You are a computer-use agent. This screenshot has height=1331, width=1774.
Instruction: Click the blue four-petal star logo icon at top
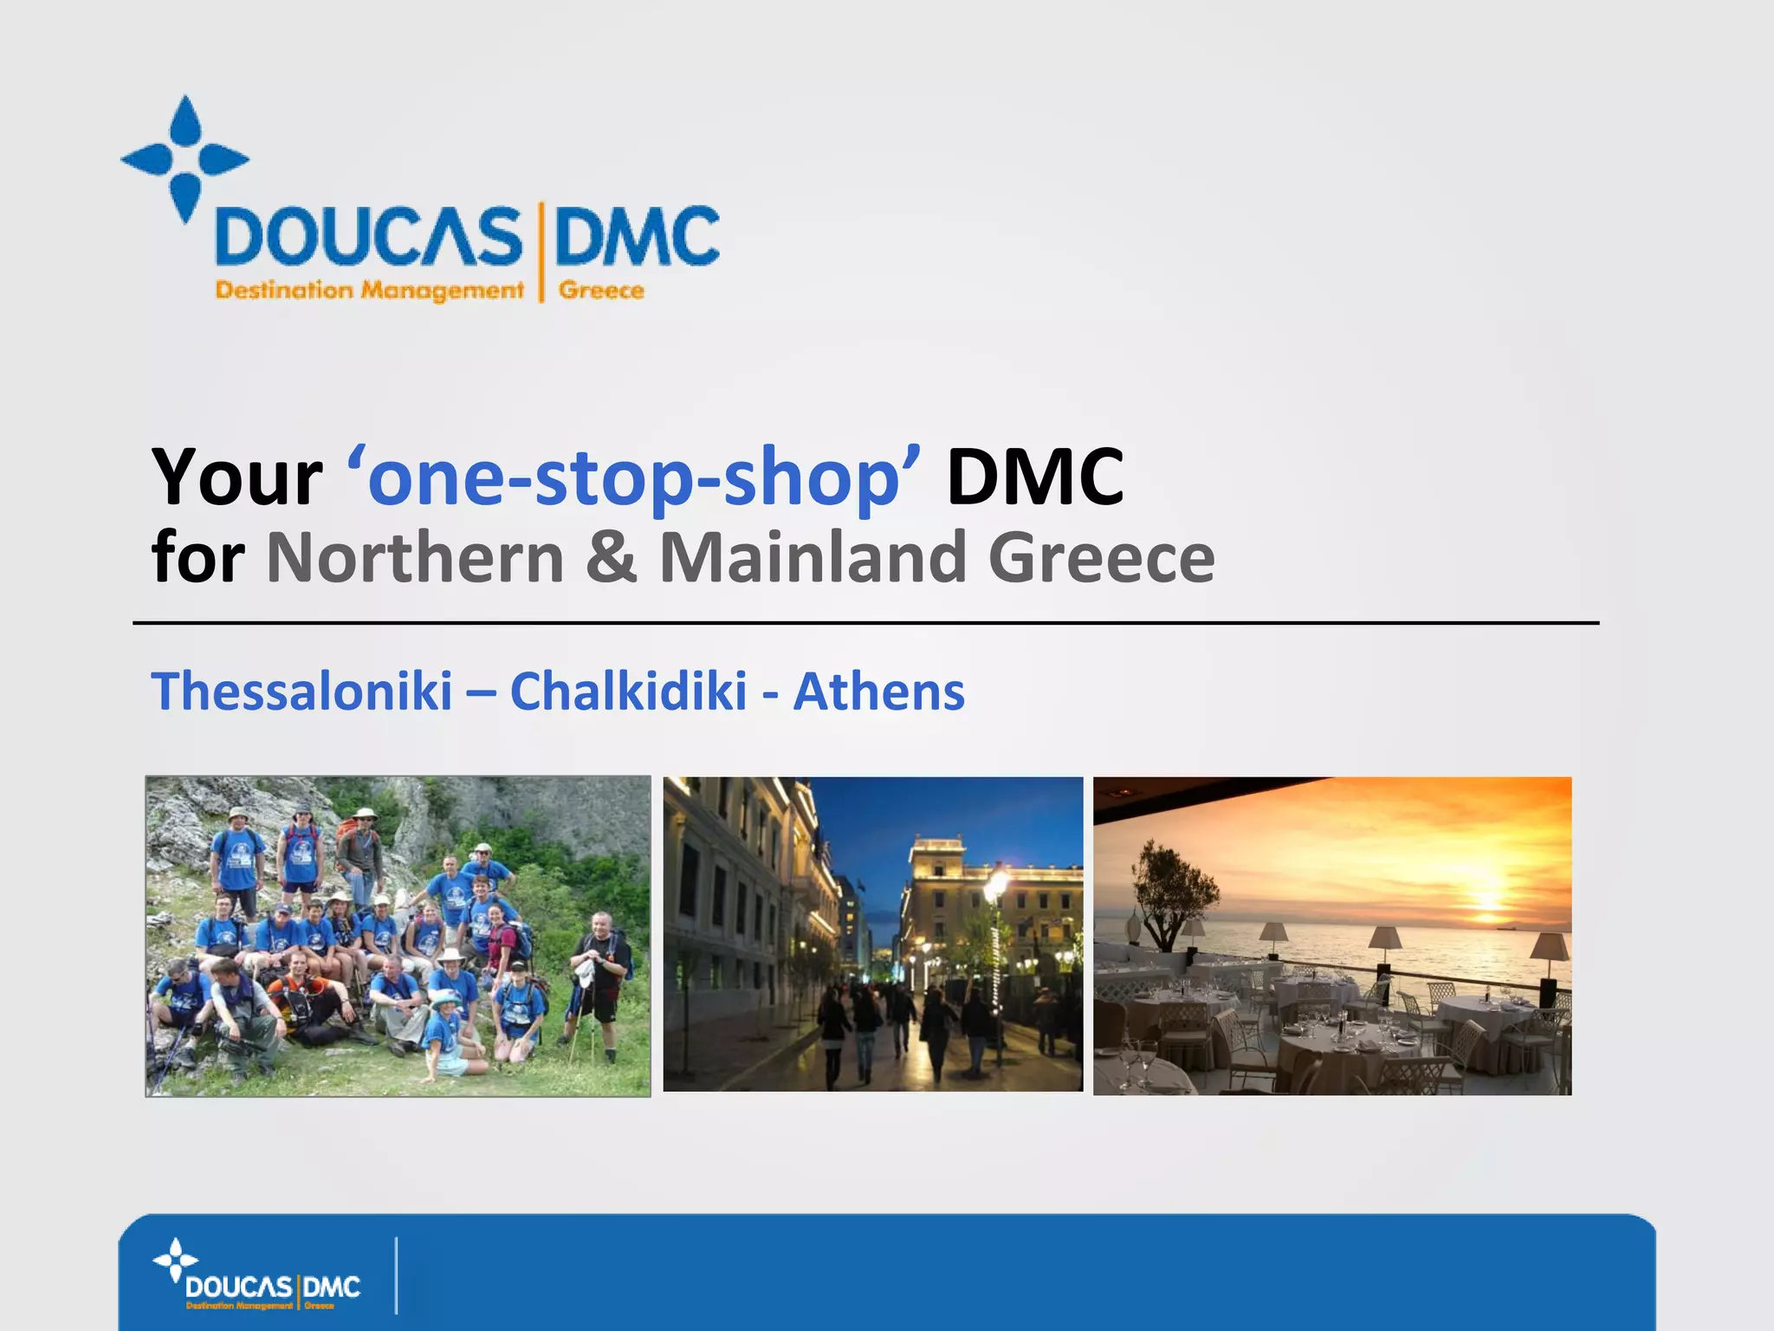pyautogui.click(x=185, y=159)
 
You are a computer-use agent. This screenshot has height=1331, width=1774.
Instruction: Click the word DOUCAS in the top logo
pyautogui.click(x=368, y=236)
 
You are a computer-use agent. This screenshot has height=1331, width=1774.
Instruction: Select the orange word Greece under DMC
pyautogui.click(x=601, y=290)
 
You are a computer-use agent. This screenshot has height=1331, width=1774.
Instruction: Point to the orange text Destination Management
pyautogui.click(x=369, y=290)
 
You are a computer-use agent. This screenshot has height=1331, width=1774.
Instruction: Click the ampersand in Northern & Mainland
pyautogui.click(x=612, y=557)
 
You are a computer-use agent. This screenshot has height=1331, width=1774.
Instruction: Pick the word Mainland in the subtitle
pyautogui.click(x=813, y=557)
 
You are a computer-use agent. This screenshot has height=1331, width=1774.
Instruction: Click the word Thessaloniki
pyautogui.click(x=301, y=691)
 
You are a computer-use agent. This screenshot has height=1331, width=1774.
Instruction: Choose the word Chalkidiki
pyautogui.click(x=628, y=691)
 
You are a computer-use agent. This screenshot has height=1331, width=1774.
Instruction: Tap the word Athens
pyautogui.click(x=878, y=691)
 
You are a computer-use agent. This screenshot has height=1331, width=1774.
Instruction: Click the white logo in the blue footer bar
pyautogui.click(x=258, y=1276)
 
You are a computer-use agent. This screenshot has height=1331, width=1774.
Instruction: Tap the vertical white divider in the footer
pyautogui.click(x=396, y=1276)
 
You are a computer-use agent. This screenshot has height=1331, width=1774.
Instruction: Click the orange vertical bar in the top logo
pyautogui.click(x=541, y=251)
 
